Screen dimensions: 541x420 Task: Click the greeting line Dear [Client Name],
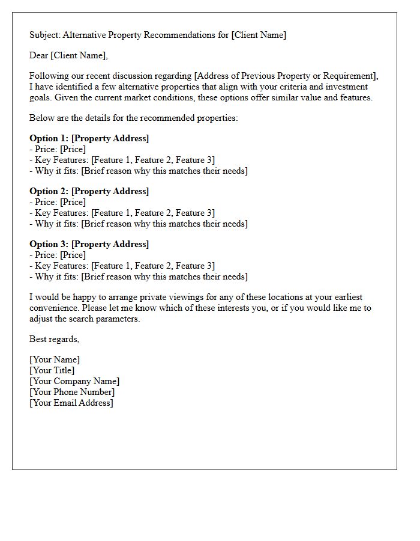tap(68, 55)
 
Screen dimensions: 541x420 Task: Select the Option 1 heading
tap(89, 138)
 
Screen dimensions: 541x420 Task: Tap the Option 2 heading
tap(89, 191)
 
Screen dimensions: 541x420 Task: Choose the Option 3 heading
tap(89, 244)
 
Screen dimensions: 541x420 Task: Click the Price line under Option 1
tap(58, 149)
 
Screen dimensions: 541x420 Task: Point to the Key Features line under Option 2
tap(122, 213)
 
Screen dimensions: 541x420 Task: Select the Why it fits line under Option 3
tap(138, 277)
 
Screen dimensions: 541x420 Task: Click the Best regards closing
tap(54, 339)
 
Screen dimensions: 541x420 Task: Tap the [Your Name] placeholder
tap(55, 359)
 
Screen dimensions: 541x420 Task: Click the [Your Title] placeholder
tap(52, 370)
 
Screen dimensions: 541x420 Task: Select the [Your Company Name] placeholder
tap(74, 381)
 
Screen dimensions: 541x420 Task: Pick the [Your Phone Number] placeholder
tap(72, 392)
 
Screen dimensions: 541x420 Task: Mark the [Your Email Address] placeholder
tap(71, 403)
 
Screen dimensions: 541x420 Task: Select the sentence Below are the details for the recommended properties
tap(133, 118)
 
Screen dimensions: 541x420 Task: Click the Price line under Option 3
tap(58, 255)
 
